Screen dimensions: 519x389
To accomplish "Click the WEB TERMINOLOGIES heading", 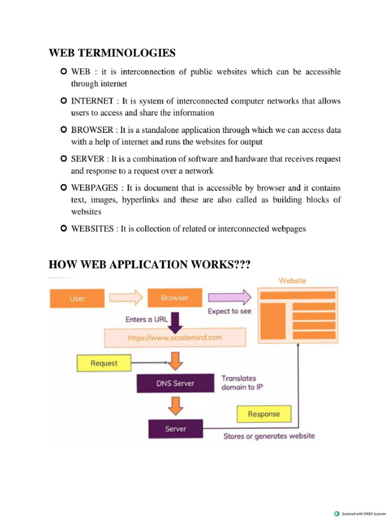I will click(x=112, y=53).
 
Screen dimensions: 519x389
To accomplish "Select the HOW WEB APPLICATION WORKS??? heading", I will click(x=149, y=265).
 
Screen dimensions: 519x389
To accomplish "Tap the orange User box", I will click(x=77, y=298).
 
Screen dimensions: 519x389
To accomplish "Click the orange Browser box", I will click(x=174, y=298).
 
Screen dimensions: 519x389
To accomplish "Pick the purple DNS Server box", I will click(x=175, y=383).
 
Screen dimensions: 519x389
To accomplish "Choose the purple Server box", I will click(x=175, y=429).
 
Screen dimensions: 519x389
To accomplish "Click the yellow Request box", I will click(x=103, y=363).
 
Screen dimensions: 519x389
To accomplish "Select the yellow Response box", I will click(x=263, y=414).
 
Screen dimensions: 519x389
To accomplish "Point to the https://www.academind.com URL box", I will click(x=175, y=337).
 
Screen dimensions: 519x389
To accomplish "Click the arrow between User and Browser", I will click(x=126, y=298).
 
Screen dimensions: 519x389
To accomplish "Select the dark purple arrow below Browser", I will click(x=175, y=320).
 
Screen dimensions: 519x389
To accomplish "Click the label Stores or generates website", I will click(x=269, y=436).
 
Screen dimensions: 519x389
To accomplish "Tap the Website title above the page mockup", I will click(x=292, y=280).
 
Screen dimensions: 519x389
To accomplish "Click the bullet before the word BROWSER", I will click(x=63, y=130).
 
